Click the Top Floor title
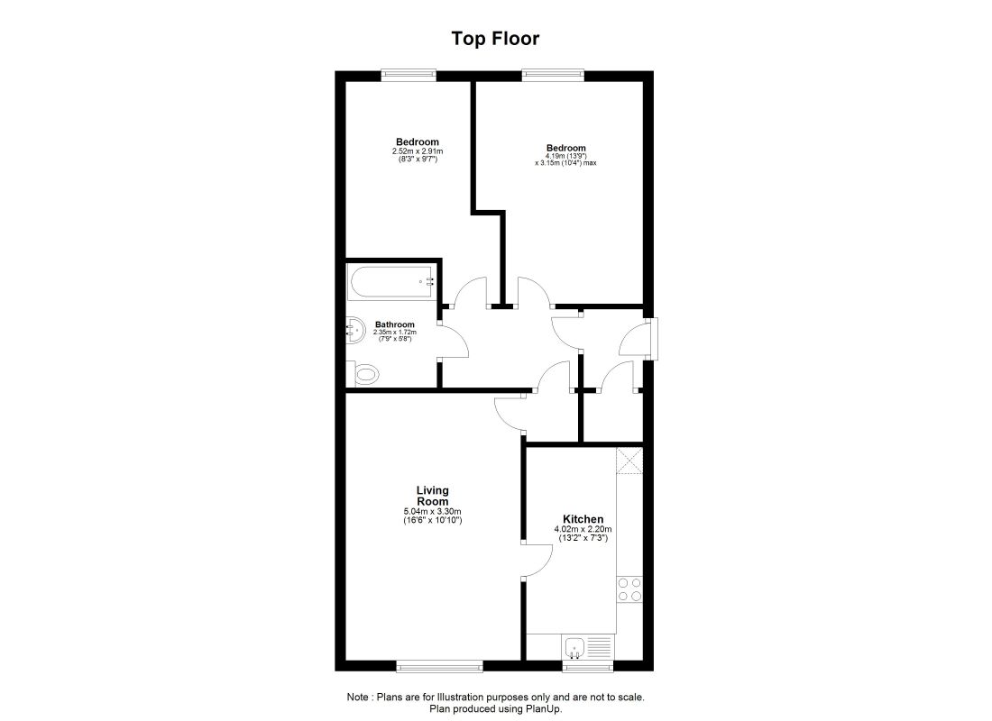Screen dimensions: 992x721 point(495,39)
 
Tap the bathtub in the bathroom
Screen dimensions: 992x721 point(390,283)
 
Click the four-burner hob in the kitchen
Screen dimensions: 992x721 point(629,589)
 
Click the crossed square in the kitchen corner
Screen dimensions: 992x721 point(629,461)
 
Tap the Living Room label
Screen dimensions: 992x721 point(433,495)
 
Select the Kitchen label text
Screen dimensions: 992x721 point(583,519)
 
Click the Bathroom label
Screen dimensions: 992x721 point(395,324)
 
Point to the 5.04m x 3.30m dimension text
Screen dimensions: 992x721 point(433,512)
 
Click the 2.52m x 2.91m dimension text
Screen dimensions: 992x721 point(418,151)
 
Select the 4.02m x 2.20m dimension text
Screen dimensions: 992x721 point(583,529)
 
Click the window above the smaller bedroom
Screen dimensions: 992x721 point(409,75)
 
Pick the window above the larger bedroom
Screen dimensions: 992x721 point(553,75)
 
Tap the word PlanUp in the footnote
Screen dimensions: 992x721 point(544,709)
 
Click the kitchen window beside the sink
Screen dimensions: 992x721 point(588,666)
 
